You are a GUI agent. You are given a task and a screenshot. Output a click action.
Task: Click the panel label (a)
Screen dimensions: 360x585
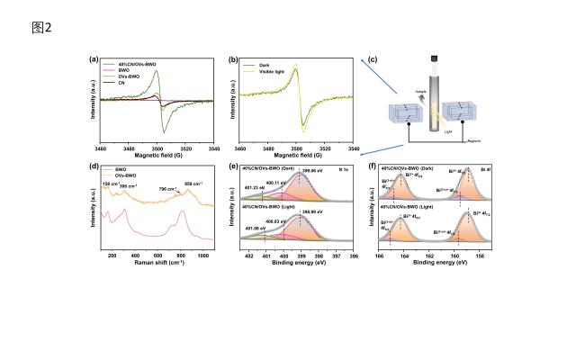[94, 60]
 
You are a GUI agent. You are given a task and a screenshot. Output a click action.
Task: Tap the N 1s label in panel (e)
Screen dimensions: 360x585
[342, 168]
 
